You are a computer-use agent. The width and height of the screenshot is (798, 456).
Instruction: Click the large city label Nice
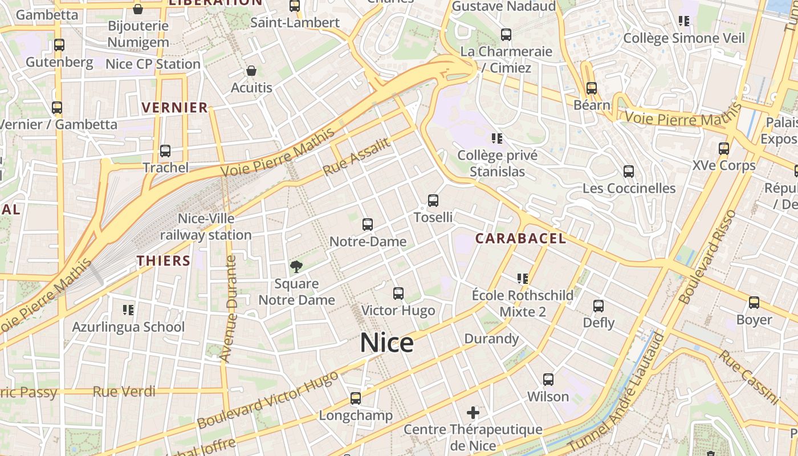386,343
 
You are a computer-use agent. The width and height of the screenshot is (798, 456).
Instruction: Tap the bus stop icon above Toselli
433,201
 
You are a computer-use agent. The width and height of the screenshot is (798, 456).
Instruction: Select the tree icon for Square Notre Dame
296,266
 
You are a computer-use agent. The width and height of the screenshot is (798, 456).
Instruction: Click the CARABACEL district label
520,238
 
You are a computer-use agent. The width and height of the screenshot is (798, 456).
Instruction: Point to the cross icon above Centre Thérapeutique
473,412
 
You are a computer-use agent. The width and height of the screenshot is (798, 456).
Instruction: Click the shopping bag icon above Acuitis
251,71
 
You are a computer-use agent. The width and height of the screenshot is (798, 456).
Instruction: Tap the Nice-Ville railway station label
206,227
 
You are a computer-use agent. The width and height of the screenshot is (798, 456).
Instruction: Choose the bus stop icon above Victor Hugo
398,294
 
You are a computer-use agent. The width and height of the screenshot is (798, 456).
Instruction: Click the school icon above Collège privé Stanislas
497,138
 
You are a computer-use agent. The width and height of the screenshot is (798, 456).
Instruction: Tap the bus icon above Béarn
592,88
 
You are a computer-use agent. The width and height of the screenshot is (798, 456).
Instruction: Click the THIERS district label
163,261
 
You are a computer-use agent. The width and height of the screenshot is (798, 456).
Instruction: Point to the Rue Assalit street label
357,157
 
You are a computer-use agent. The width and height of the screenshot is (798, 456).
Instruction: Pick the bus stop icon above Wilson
548,379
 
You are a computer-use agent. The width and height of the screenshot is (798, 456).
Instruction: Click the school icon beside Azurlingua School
128,310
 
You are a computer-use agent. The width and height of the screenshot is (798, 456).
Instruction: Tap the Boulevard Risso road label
707,257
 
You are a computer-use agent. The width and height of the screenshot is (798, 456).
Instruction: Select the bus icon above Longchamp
356,398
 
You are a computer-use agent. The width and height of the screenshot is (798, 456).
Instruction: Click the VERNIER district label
174,108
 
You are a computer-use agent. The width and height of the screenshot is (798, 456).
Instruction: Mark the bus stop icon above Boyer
754,303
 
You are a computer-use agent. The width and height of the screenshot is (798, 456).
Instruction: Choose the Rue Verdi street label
124,392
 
